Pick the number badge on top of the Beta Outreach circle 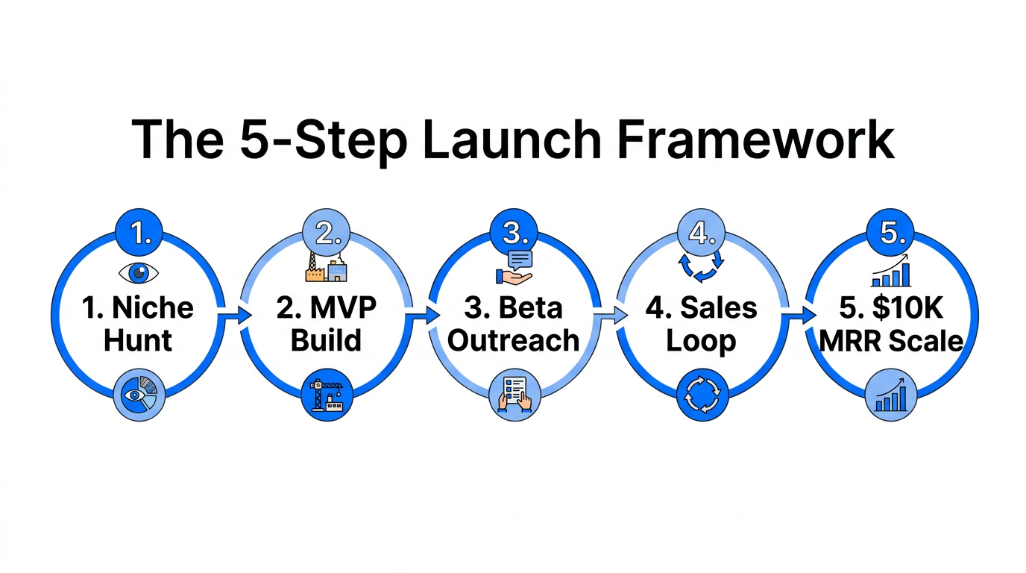(514, 233)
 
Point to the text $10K (908, 307)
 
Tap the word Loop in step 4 (701, 340)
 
